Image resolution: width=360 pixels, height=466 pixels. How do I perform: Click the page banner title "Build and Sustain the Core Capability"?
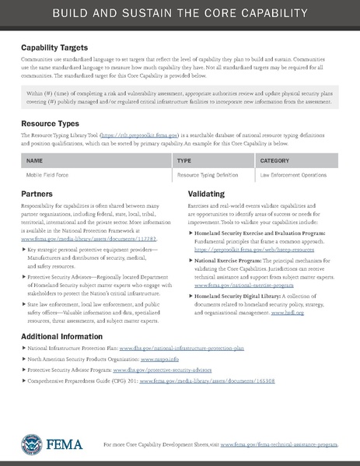tap(180, 15)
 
